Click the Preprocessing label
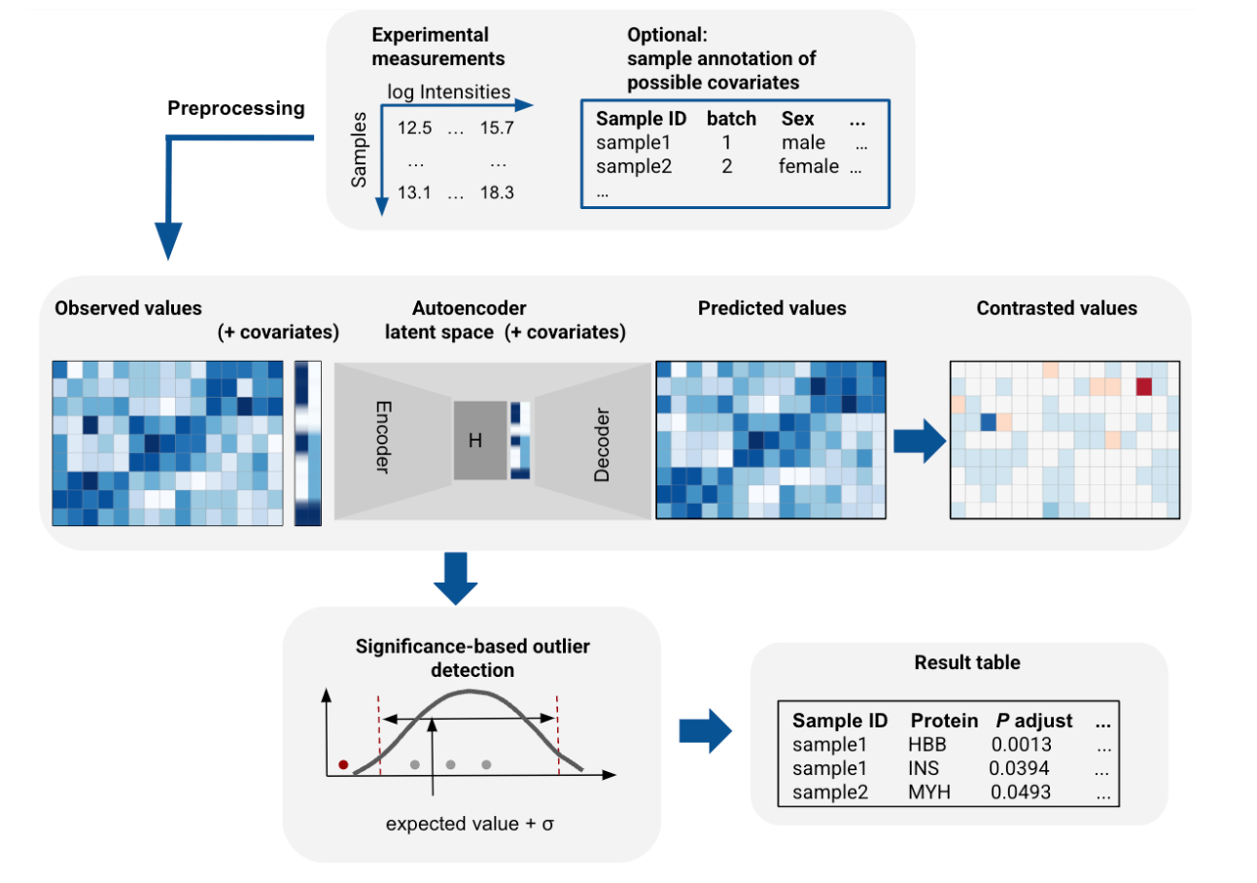point(236,109)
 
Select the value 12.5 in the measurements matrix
point(414,127)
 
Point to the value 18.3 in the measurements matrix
point(496,193)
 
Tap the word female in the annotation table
point(808,166)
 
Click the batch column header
point(730,120)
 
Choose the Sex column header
point(797,120)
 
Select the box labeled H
point(478,441)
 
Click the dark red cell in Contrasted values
point(1143,386)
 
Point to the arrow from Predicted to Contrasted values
point(919,441)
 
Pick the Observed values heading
point(128,308)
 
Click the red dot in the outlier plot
point(343,764)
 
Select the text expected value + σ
point(470,825)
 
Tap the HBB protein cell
point(926,745)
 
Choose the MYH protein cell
point(927,792)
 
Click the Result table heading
point(953,663)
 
